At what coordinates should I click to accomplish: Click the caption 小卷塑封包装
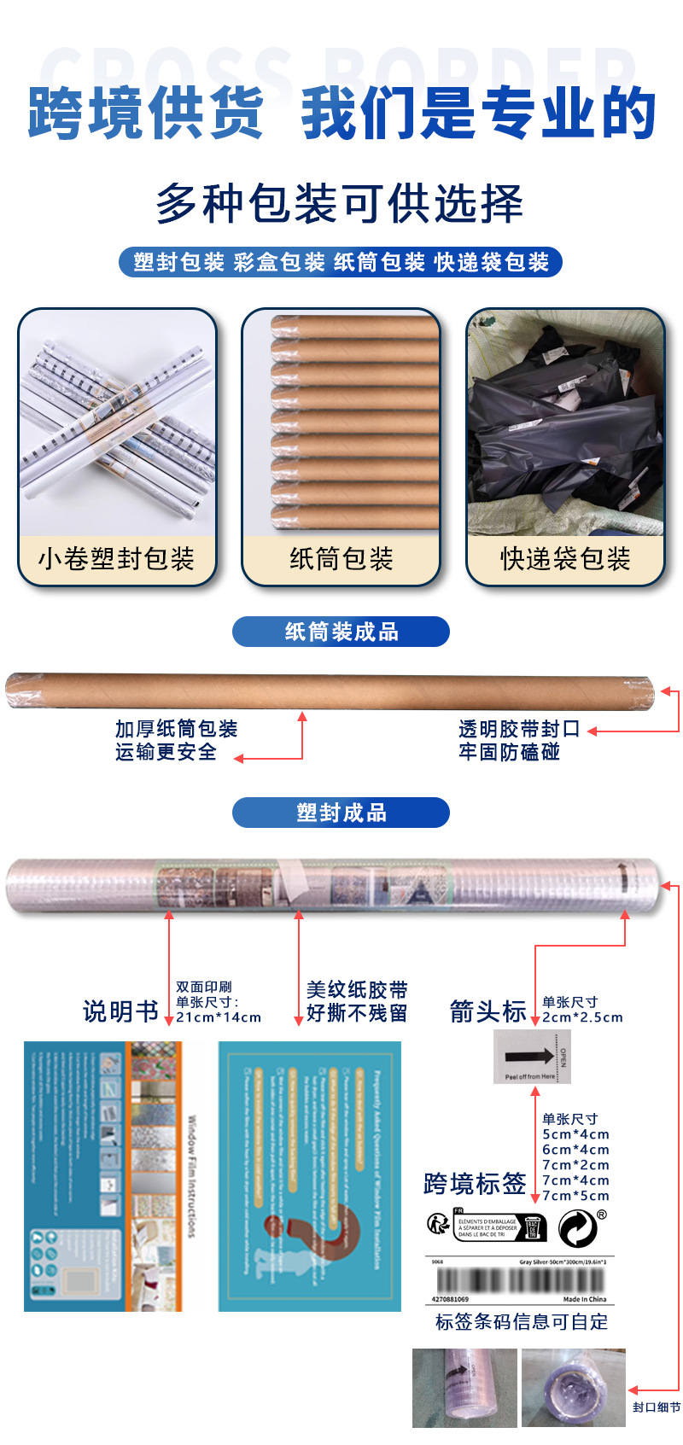pos(116,559)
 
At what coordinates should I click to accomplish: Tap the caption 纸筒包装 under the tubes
pos(341,559)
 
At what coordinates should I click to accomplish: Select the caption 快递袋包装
pos(565,559)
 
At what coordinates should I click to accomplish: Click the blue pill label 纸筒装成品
pos(341,632)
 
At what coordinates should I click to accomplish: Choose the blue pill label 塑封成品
pos(341,813)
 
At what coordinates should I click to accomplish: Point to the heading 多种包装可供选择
pos(340,204)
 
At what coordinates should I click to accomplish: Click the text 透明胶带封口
pos(519,729)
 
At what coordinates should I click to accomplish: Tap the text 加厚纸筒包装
pos(177,729)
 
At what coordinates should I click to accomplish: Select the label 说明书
pos(120,1011)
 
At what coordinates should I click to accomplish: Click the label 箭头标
pos(487,1011)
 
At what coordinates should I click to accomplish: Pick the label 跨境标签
pos(475,1184)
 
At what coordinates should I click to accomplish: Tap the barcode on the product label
pos(520,1280)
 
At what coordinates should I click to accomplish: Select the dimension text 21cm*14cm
pos(219,1017)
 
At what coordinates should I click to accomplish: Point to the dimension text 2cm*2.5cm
pos(582,1017)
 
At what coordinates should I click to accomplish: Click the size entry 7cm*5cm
pos(575,1196)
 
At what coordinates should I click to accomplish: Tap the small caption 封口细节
pos(657,1407)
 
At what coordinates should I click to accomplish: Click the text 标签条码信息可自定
pos(522,1322)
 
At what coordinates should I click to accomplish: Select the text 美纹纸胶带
pos(357,990)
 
